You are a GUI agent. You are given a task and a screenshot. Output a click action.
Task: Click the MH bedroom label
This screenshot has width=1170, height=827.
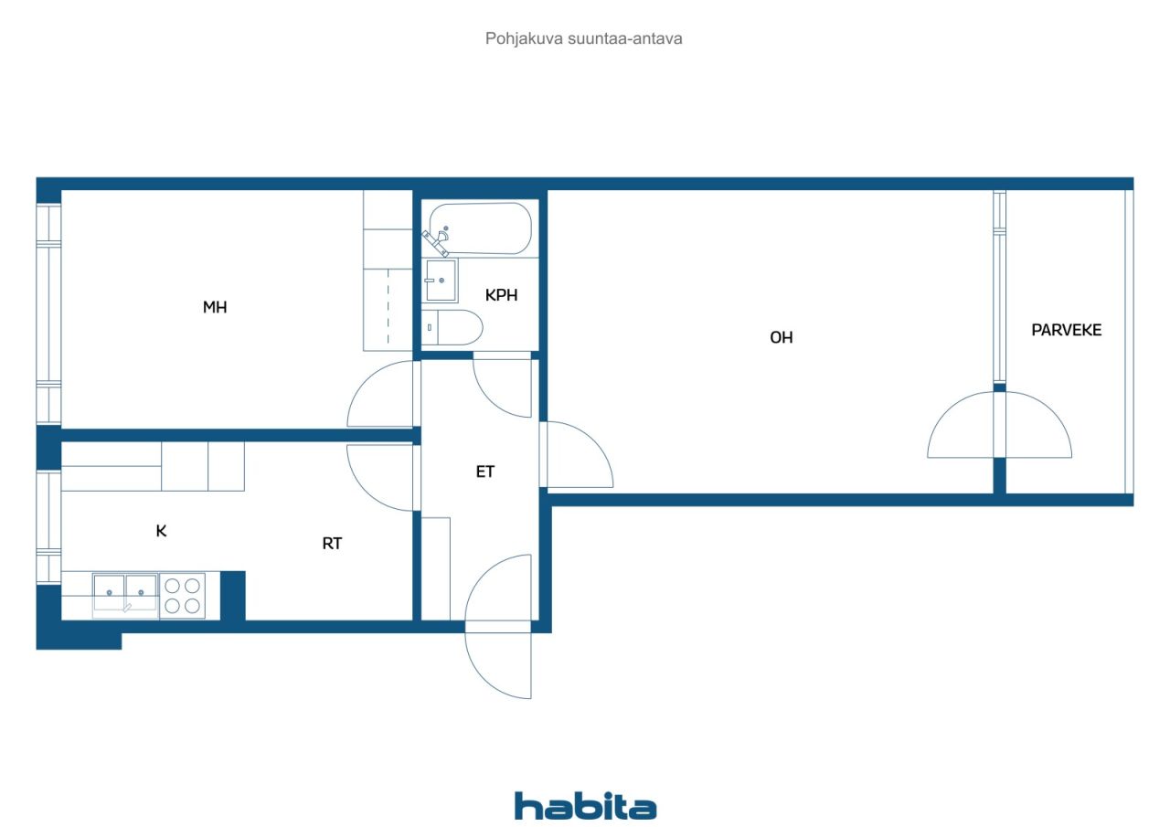pyautogui.click(x=215, y=307)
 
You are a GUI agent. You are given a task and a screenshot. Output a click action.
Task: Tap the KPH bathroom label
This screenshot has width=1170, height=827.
pyautogui.click(x=501, y=295)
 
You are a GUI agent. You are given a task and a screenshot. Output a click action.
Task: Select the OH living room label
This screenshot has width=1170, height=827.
pyautogui.click(x=781, y=337)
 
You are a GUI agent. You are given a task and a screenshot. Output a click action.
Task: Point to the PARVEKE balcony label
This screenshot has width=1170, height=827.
pyautogui.click(x=1066, y=330)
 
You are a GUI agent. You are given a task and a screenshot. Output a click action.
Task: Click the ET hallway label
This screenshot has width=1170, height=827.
pyautogui.click(x=484, y=472)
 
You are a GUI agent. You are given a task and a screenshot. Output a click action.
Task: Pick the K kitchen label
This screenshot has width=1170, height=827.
pyautogui.click(x=161, y=531)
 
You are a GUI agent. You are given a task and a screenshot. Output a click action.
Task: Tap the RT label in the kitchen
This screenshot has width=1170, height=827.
pyautogui.click(x=332, y=544)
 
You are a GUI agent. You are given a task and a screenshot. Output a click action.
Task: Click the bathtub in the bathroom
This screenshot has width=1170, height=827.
pyautogui.click(x=480, y=228)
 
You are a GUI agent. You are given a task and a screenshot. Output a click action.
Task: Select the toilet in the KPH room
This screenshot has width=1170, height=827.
pyautogui.click(x=452, y=327)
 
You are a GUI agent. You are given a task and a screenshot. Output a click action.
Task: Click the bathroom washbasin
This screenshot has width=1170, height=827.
pyautogui.click(x=441, y=281)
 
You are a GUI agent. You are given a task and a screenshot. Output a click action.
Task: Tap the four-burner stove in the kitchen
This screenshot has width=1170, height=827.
pyautogui.click(x=182, y=596)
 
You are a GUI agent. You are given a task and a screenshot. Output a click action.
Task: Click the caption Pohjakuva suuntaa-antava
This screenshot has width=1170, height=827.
pyautogui.click(x=583, y=38)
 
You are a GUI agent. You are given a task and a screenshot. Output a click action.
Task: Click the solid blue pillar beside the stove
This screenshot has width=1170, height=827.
pyautogui.click(x=233, y=596)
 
